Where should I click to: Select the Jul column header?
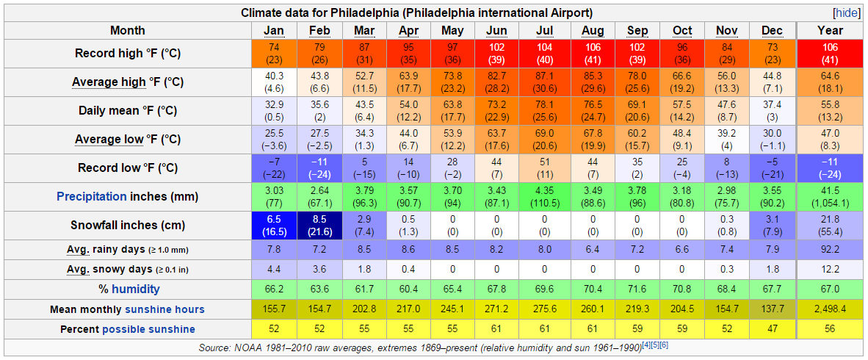544,31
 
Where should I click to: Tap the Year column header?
830,31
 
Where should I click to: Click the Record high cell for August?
592,54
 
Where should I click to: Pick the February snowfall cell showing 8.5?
319,226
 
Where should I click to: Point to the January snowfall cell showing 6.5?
274,226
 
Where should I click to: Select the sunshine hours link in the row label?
164,309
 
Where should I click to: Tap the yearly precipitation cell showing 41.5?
830,197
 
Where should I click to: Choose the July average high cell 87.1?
544,82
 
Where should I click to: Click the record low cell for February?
319,168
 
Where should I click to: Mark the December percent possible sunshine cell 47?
772,328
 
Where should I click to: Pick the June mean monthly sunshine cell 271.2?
497,309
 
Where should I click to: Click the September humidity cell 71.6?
637,289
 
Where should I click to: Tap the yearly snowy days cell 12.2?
830,269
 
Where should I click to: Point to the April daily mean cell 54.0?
408,111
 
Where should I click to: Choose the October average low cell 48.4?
682,140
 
